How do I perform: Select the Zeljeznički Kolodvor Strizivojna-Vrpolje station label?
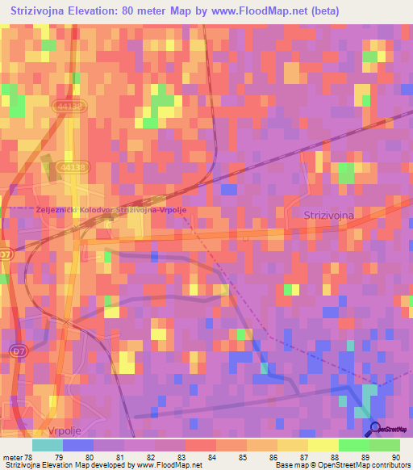111,209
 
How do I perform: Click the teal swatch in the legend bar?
48,445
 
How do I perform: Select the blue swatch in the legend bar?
78,445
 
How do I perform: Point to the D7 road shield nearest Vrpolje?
19,350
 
